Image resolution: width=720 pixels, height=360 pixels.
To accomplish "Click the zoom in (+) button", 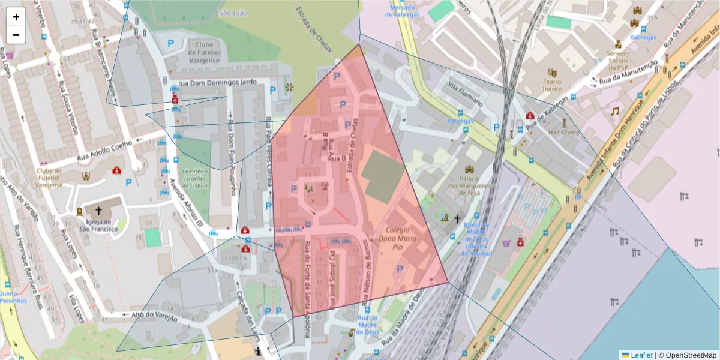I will pyautogui.click(x=16, y=17).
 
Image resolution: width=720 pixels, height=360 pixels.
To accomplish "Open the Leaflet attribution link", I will pyautogui.click(x=637, y=355).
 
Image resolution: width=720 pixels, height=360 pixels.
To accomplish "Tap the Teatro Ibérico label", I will pyautogui.click(x=553, y=85).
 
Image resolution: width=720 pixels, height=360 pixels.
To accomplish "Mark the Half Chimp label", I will pyautogui.click(x=563, y=132).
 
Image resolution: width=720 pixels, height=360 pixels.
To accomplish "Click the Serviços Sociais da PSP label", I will pyautogui.click(x=617, y=58).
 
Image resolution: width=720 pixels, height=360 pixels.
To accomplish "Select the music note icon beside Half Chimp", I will pyautogui.click(x=614, y=112).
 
